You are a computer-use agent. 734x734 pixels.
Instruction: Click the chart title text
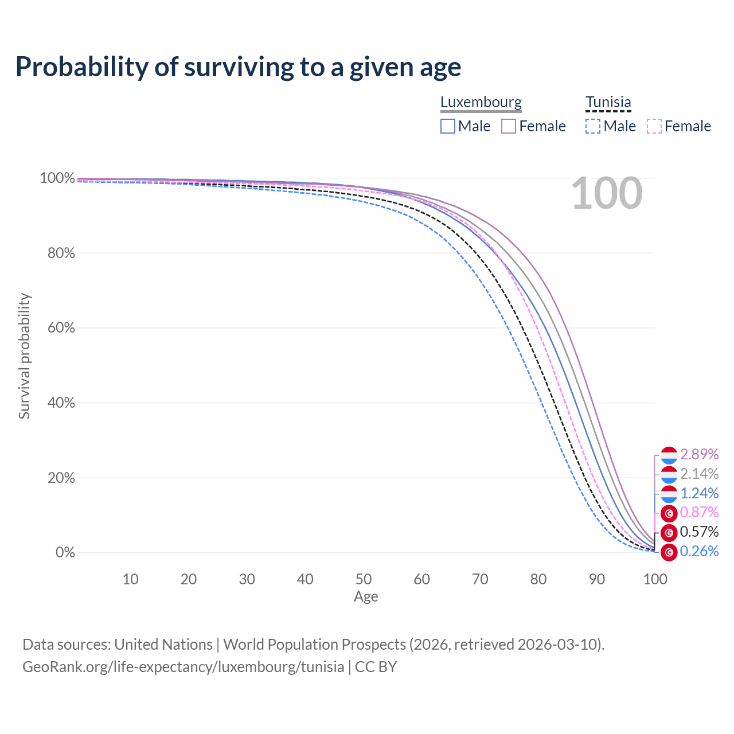pyautogui.click(x=238, y=67)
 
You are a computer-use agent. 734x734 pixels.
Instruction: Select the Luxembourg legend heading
pyautogui.click(x=481, y=102)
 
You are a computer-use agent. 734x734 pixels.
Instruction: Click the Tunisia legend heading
pyautogui.click(x=608, y=102)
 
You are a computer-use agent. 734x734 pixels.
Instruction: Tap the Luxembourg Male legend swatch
pyautogui.click(x=448, y=126)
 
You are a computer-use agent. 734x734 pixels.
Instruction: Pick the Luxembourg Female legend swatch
pyautogui.click(x=509, y=126)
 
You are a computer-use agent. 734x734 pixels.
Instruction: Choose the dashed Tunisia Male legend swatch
pyautogui.click(x=593, y=126)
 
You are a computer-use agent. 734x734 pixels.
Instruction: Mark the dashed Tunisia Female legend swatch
pyautogui.click(x=654, y=126)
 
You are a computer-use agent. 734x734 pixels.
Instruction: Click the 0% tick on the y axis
pyautogui.click(x=65, y=553)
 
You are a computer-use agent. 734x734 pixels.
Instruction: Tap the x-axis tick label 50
pyautogui.click(x=364, y=579)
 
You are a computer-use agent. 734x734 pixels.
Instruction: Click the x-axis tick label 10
pyautogui.click(x=130, y=579)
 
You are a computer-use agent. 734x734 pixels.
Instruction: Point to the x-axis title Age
pyautogui.click(x=366, y=597)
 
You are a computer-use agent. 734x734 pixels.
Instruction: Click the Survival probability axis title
pyautogui.click(x=24, y=356)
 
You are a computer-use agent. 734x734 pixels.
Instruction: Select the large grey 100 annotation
pyautogui.click(x=607, y=194)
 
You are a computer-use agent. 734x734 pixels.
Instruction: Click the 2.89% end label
pyautogui.click(x=699, y=454)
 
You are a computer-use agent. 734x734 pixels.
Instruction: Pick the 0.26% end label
pyautogui.click(x=699, y=552)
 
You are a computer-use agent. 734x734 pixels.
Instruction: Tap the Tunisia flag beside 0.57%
pyautogui.click(x=669, y=533)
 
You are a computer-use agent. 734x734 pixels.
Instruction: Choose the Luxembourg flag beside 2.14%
pyautogui.click(x=669, y=474)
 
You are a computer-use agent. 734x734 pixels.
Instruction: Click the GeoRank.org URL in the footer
pyautogui.click(x=183, y=667)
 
